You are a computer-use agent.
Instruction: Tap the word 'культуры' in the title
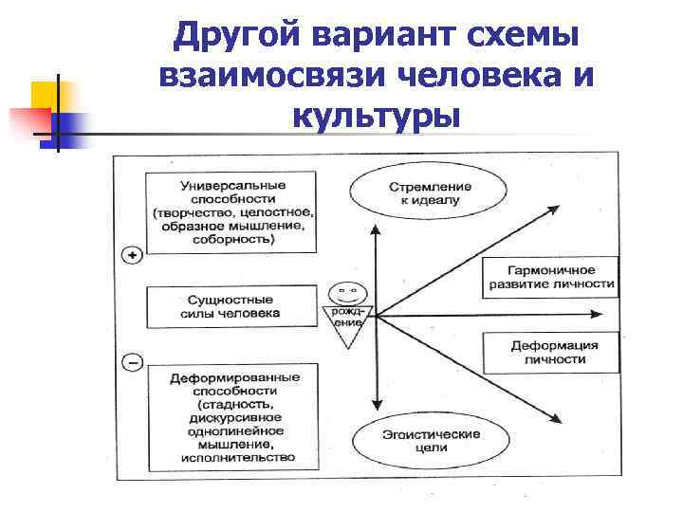pos(377,117)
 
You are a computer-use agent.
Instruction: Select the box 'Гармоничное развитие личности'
pos(550,277)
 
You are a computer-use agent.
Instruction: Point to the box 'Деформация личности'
pos(550,352)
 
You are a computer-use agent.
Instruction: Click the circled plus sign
pos(133,253)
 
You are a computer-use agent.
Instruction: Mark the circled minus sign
pos(133,362)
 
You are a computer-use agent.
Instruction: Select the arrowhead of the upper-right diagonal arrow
pos(551,211)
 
